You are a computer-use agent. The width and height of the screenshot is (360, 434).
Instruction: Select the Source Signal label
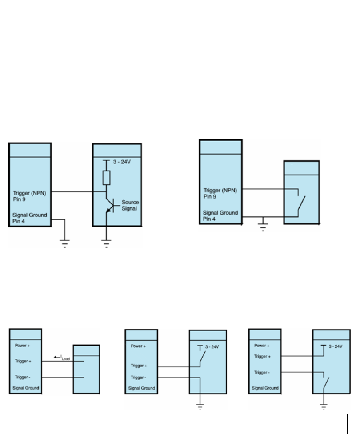[130, 205]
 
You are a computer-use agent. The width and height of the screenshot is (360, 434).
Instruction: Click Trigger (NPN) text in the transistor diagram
[30, 193]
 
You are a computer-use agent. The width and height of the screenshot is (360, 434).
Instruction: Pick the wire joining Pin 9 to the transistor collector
[76, 192]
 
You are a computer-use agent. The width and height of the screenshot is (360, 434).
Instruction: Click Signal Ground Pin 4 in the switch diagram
[220, 215]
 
